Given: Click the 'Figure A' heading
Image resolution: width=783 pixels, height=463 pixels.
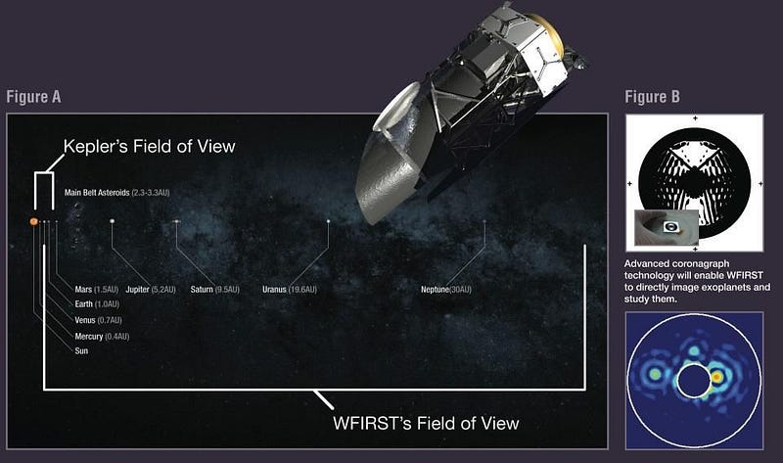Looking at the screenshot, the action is (x=33, y=97).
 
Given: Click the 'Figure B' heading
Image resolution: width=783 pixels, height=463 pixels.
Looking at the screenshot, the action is (x=652, y=97).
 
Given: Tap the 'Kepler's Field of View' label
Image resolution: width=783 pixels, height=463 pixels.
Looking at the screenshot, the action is (x=150, y=147).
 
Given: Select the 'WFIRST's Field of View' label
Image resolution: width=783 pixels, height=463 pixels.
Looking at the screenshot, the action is (x=426, y=424).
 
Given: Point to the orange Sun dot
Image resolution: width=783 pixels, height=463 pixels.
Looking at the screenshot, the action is (x=34, y=221).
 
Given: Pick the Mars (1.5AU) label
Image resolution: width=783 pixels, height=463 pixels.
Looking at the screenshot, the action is (x=96, y=290).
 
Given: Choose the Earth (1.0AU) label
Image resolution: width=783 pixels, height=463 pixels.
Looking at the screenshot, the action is (x=97, y=304).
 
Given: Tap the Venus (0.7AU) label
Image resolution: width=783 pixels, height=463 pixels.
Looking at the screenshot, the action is (x=98, y=320).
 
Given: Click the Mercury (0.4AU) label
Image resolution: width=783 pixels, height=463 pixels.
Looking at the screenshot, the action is (x=102, y=337).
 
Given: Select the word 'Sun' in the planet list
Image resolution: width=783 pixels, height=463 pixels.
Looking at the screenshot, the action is (x=81, y=351).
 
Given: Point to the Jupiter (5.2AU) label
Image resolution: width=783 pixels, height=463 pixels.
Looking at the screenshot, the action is (x=151, y=290).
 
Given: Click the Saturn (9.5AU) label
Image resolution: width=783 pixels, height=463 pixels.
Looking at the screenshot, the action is (x=215, y=290).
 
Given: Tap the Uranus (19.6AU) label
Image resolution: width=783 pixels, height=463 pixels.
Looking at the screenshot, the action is (x=290, y=290).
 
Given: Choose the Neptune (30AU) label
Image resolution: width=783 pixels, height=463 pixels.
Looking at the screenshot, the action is (x=446, y=290).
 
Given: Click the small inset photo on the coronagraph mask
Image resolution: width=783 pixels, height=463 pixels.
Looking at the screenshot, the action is (x=667, y=228).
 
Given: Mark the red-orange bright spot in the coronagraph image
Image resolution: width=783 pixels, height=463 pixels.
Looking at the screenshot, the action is (x=716, y=377).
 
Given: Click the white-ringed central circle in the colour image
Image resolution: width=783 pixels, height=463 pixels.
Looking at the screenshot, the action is (x=694, y=381).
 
